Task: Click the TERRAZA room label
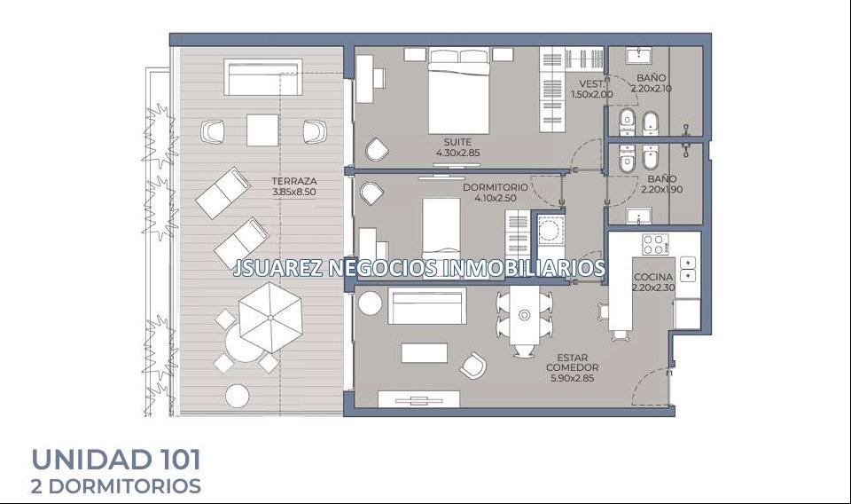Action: pos(293,181)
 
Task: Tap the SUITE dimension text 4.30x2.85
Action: pos(457,154)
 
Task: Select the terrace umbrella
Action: pos(269,318)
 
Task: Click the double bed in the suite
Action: pos(459,91)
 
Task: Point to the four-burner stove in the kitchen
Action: pos(655,244)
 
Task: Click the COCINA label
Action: pos(653,277)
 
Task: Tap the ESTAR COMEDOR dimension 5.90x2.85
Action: pos(572,379)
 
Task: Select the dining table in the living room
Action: pos(524,320)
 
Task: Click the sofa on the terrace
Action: pos(263,77)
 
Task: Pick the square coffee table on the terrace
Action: pos(262,130)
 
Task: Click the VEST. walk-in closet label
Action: pos(592,84)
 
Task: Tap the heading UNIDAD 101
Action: pos(117,460)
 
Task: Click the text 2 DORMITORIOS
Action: pos(116,486)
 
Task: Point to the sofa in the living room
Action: pos(427,306)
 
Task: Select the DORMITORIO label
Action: pos(495,187)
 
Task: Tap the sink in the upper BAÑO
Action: pos(638,55)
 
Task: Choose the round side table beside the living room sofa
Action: pos(371,303)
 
